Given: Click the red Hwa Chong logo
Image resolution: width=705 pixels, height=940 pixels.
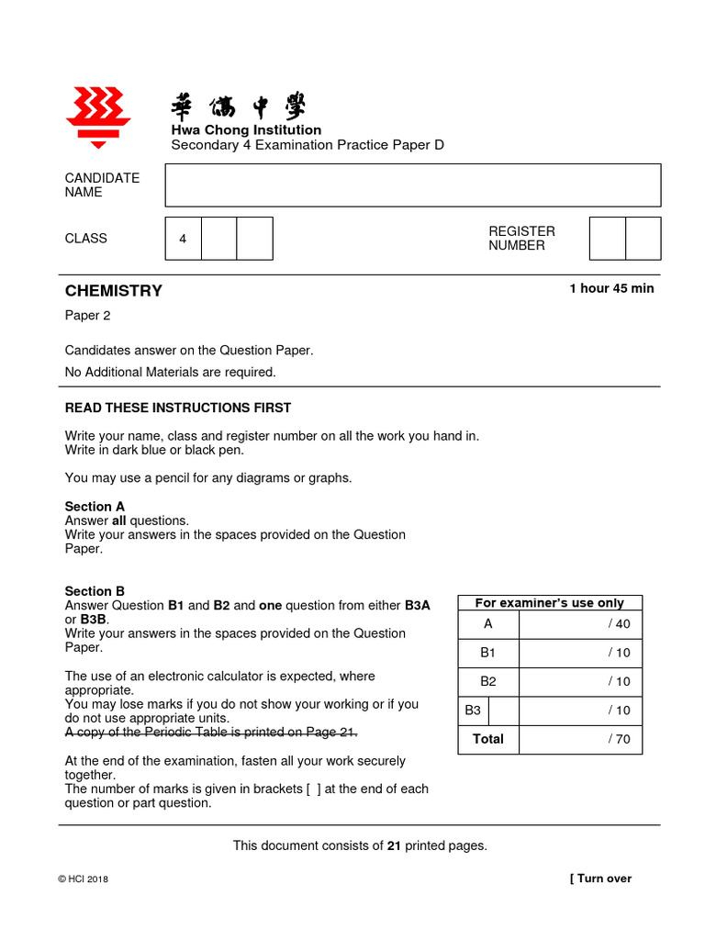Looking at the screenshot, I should tap(98, 117).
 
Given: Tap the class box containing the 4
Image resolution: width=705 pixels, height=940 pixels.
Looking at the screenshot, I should tap(183, 239).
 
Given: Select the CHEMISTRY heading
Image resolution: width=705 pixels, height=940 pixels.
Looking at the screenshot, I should tap(114, 291).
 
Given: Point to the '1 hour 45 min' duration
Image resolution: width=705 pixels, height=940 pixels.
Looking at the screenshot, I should tap(611, 288).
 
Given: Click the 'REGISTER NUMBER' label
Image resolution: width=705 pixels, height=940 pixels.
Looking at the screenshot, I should tap(521, 239).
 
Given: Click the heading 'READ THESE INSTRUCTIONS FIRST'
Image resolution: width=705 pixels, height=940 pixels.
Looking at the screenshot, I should tap(177, 408).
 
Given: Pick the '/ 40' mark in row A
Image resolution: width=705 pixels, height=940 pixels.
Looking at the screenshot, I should tap(619, 624).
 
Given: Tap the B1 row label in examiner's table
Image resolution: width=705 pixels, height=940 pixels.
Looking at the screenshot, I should tap(488, 653).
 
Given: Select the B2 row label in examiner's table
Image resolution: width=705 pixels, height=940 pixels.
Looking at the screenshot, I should tap(488, 681).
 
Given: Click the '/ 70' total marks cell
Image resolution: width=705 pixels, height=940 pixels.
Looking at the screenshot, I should tap(619, 739).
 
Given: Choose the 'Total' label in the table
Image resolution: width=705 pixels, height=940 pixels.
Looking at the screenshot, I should tap(488, 739).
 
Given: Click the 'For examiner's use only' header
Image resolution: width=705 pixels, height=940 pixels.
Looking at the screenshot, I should tap(549, 603).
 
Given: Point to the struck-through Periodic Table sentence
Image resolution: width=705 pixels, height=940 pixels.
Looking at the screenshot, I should tap(210, 733).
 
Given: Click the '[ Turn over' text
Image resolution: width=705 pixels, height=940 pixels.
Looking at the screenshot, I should tap(600, 878).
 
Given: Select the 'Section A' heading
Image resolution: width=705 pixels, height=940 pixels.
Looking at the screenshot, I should tap(95, 507).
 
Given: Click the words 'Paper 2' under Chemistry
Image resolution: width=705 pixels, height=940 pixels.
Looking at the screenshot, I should tap(87, 315).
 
